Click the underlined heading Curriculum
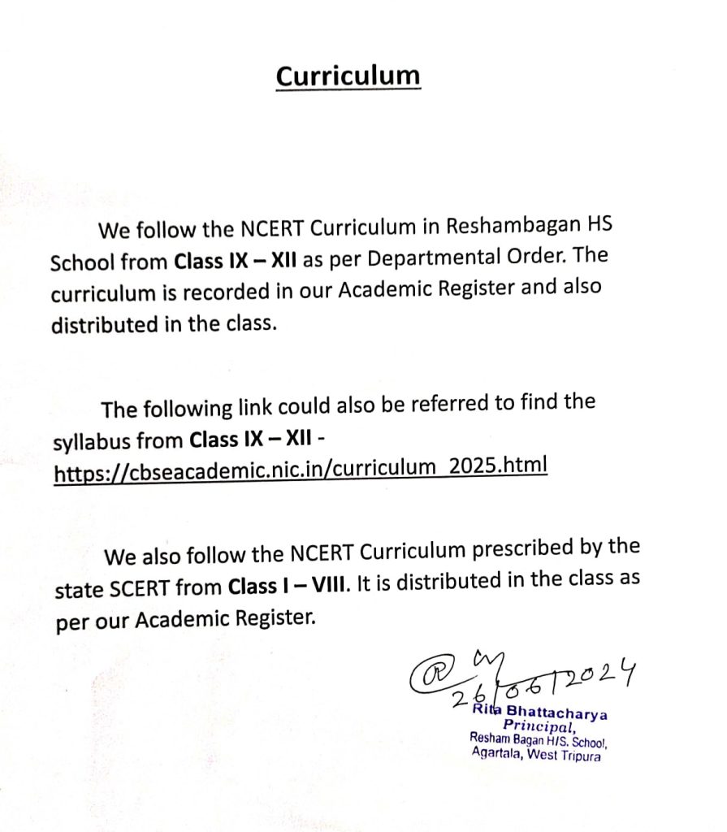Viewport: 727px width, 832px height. tap(348, 76)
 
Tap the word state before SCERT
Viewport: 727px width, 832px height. tap(77, 590)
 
